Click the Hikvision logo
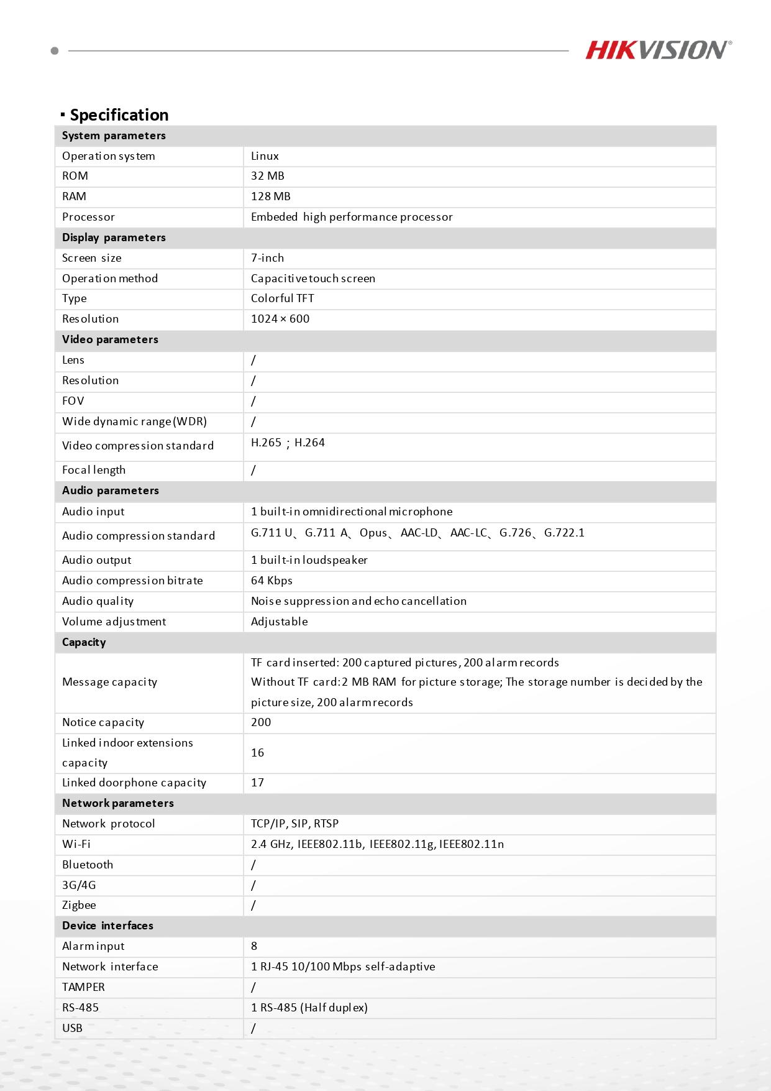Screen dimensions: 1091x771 (658, 50)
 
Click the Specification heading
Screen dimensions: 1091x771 (119, 115)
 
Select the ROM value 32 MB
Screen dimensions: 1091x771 (267, 176)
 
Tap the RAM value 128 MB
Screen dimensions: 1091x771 (270, 196)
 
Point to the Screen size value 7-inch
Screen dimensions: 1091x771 (267, 258)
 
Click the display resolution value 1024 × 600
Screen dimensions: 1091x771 (280, 319)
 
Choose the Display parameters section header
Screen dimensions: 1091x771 (114, 237)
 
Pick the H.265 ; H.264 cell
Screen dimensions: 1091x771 (288, 443)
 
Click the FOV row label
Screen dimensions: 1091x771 (73, 401)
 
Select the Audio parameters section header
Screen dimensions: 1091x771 (110, 490)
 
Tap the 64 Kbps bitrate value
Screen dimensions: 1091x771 (271, 581)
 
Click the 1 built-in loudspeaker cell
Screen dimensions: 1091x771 (309, 560)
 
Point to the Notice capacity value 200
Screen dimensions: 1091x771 (261, 722)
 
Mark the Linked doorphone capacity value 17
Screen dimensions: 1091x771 (257, 783)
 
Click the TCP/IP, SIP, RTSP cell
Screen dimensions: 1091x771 (294, 824)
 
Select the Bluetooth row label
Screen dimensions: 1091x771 (88, 865)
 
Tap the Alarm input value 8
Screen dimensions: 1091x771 (254, 946)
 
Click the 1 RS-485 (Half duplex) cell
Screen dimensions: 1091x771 (309, 1008)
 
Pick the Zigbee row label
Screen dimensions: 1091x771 (79, 905)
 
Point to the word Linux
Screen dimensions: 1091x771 (265, 156)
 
